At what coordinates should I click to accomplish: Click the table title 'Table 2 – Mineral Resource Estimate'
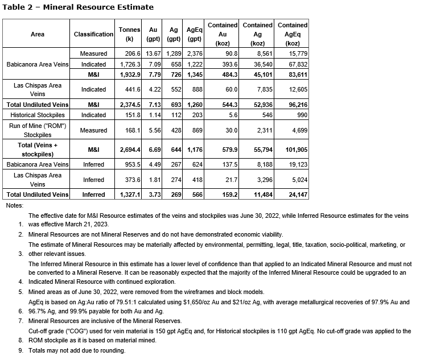click(x=78, y=7)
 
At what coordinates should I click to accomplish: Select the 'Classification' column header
click(x=93, y=34)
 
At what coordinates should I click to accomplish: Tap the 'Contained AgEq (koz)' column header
click(x=293, y=34)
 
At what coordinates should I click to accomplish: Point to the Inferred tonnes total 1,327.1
click(x=124, y=195)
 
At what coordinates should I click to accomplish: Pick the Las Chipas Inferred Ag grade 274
click(x=175, y=180)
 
